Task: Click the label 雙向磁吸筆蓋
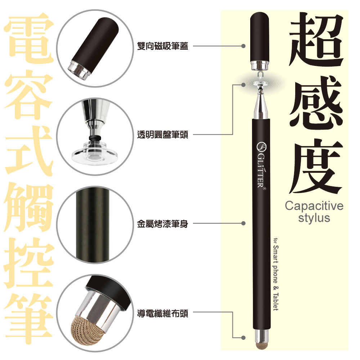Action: (163, 46)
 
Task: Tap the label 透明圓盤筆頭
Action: (163, 135)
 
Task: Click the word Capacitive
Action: (314, 207)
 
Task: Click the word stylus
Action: (314, 218)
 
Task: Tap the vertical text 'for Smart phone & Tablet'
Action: (276, 274)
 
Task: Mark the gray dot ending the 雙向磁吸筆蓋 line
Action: (243, 46)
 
